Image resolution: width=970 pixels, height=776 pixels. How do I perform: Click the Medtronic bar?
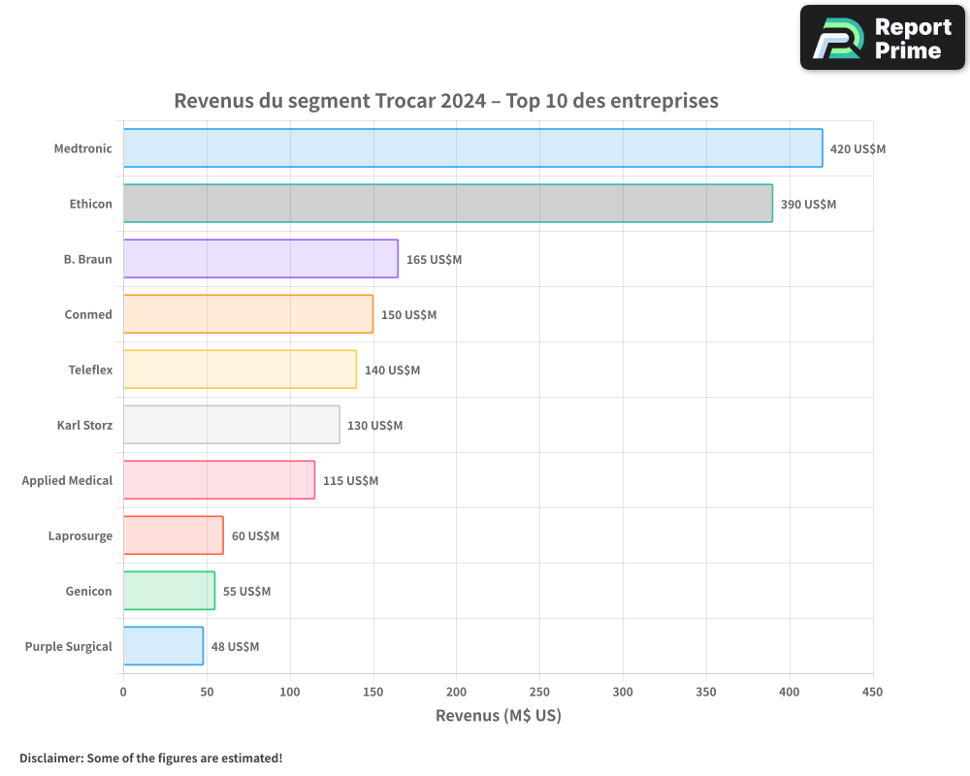click(472, 148)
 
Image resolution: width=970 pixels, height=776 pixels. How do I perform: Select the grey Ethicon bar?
click(447, 204)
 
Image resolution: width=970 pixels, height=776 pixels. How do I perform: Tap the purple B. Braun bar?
click(260, 259)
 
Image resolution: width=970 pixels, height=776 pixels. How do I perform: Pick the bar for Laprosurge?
click(173, 535)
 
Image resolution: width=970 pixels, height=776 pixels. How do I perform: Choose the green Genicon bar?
click(169, 591)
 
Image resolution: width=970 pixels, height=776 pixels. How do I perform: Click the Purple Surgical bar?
click(163, 646)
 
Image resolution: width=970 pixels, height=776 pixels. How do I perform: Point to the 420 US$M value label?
click(857, 149)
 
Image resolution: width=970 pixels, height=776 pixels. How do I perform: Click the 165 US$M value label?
click(434, 260)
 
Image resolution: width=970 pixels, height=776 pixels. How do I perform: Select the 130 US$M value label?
click(374, 426)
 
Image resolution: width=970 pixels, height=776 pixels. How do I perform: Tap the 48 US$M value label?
click(235, 647)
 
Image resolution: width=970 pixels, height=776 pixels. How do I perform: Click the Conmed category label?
click(88, 314)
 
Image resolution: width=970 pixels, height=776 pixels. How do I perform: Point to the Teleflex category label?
click(90, 370)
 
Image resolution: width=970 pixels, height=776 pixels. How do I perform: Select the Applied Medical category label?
click(67, 480)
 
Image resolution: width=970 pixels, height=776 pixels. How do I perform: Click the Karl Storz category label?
click(84, 425)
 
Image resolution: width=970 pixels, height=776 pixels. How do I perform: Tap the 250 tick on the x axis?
click(539, 693)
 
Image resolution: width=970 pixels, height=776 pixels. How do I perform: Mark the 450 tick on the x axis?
click(873, 693)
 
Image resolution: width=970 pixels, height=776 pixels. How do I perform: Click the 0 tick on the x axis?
click(123, 693)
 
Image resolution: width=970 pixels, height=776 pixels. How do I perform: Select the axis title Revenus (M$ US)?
click(498, 716)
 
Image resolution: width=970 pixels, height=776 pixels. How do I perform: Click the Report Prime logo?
click(882, 38)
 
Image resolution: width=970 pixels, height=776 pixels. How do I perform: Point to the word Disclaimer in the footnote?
click(50, 759)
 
